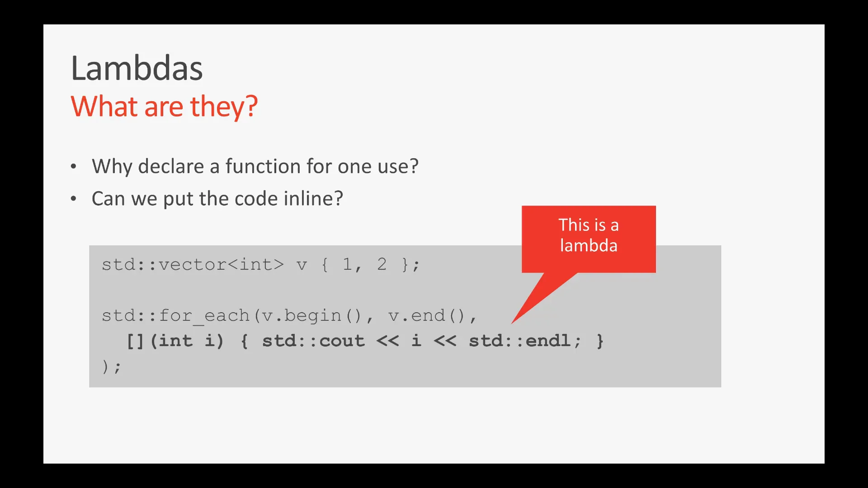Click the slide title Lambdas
(x=137, y=68)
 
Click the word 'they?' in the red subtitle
(x=224, y=107)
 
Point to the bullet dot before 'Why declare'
(x=74, y=166)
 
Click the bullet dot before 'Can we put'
(x=74, y=198)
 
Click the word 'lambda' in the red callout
(x=589, y=245)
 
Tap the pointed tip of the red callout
(x=512, y=323)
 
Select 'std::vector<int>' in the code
(x=193, y=264)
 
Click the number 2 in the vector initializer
(x=382, y=264)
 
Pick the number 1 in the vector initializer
(x=347, y=264)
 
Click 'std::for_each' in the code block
(x=176, y=315)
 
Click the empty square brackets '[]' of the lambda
(x=135, y=341)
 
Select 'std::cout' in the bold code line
(x=313, y=341)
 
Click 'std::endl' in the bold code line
(x=519, y=341)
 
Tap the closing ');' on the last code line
(x=111, y=366)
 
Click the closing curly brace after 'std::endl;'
(x=600, y=341)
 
